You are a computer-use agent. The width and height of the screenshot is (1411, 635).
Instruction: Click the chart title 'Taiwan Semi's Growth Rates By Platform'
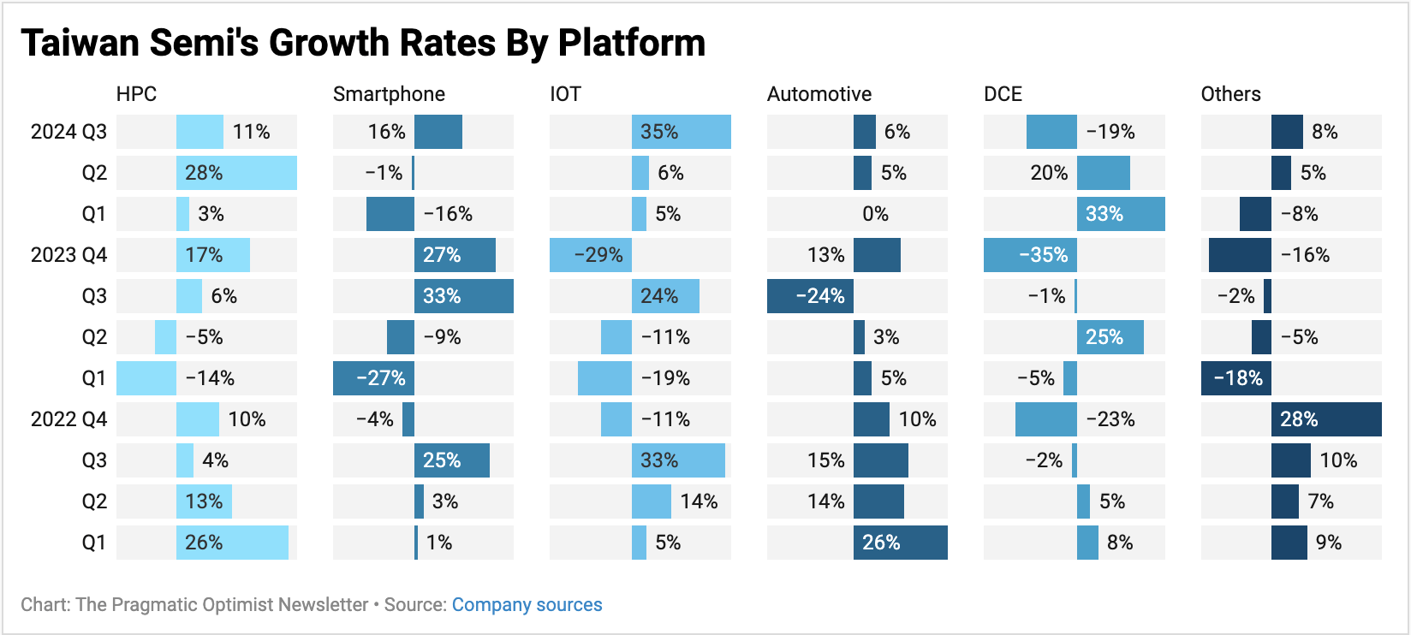pyautogui.click(x=363, y=43)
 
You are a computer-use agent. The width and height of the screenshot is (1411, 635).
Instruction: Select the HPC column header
pyautogui.click(x=136, y=94)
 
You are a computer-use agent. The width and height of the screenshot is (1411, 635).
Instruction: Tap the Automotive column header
pyautogui.click(x=819, y=94)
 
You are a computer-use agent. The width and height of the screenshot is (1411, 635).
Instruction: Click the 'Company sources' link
pyautogui.click(x=527, y=605)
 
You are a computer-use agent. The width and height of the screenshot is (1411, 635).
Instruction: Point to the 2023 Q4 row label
pyautogui.click(x=68, y=255)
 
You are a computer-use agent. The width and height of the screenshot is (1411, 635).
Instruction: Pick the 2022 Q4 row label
pyautogui.click(x=68, y=419)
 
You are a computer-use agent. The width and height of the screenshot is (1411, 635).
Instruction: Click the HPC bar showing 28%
pyautogui.click(x=236, y=173)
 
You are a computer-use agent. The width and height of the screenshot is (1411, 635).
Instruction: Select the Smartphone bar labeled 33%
pyautogui.click(x=463, y=296)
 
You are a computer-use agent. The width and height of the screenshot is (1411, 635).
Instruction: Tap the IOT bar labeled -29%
pyautogui.click(x=591, y=255)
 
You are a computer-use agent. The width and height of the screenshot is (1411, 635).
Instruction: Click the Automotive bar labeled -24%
pyautogui.click(x=810, y=296)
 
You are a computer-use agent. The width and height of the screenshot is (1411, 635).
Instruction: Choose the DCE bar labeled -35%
pyautogui.click(x=1030, y=255)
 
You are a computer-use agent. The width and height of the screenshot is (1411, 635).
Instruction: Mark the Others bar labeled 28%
pyautogui.click(x=1326, y=419)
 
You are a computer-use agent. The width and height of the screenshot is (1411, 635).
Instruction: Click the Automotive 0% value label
pyautogui.click(x=875, y=214)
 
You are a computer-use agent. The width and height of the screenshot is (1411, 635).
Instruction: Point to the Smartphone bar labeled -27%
pyautogui.click(x=373, y=378)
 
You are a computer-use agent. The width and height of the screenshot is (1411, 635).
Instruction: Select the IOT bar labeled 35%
pyautogui.click(x=682, y=132)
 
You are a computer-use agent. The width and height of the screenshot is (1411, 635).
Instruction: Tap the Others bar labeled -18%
pyautogui.click(x=1235, y=378)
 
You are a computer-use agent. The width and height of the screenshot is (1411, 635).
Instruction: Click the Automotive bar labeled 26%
pyautogui.click(x=901, y=543)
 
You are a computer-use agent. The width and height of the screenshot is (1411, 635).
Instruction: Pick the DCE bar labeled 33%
pyautogui.click(x=1121, y=214)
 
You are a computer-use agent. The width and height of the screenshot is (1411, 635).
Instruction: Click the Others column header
pyautogui.click(x=1230, y=94)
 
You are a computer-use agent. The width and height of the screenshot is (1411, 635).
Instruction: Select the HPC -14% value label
pyautogui.click(x=210, y=378)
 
